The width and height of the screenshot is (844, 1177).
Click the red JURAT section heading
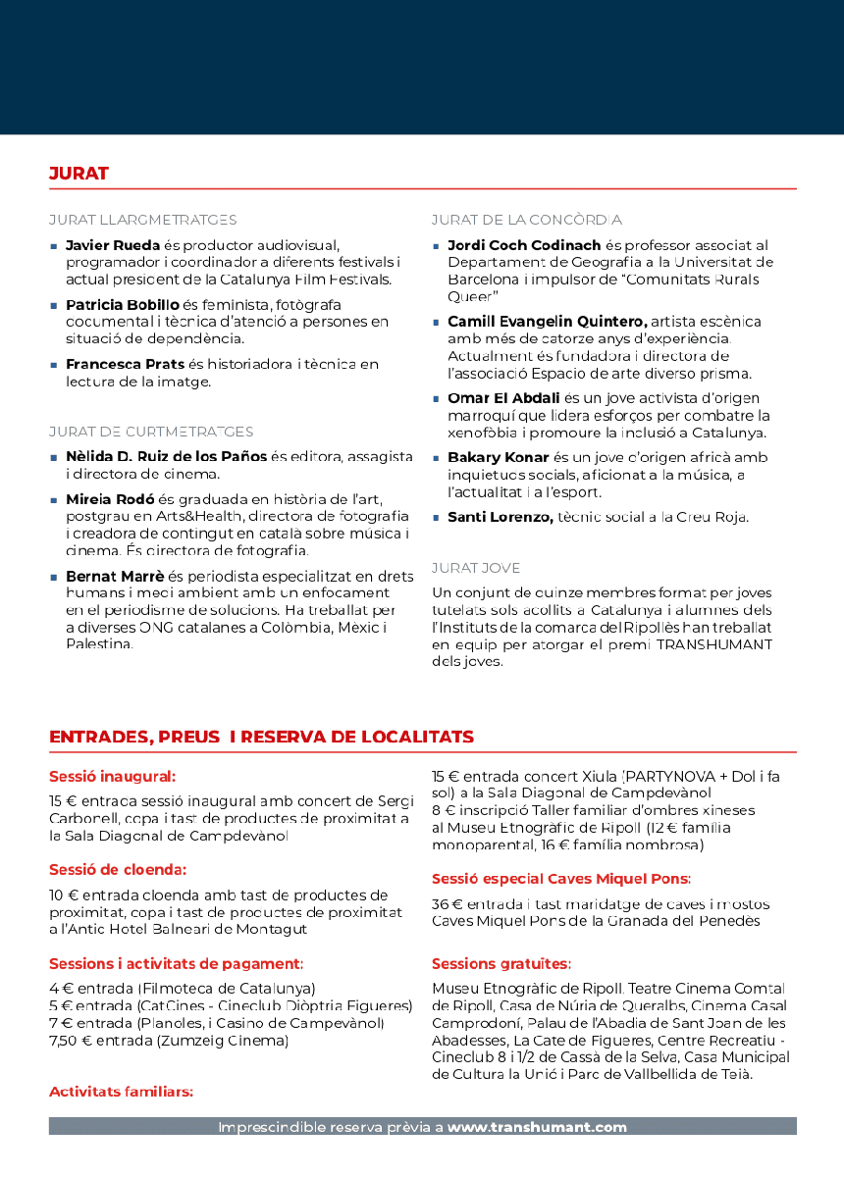(79, 174)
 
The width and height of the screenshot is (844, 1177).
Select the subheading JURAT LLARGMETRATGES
(142, 220)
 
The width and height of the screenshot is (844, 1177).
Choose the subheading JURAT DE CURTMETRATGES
(151, 432)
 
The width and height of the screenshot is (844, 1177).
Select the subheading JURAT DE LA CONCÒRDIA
(526, 220)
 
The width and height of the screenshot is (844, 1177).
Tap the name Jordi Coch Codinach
(524, 245)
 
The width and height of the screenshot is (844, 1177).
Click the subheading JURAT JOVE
(476, 568)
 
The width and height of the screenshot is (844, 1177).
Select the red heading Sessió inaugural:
(112, 776)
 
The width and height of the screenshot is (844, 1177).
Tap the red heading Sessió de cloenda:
(118, 870)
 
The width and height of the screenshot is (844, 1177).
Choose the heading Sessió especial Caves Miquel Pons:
(560, 879)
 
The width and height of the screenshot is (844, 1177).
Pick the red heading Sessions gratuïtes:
(501, 964)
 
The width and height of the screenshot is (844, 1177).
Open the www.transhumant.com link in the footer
(537, 1127)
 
